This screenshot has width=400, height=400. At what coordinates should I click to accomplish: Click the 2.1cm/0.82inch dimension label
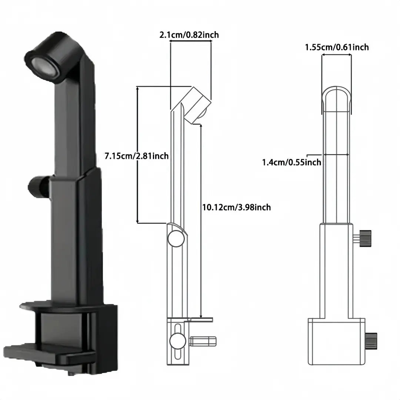pyautogui.click(x=189, y=35)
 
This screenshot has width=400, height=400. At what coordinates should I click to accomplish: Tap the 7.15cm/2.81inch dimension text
pyautogui.click(x=136, y=156)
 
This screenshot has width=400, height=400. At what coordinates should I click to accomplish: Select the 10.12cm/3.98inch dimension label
pyautogui.click(x=236, y=207)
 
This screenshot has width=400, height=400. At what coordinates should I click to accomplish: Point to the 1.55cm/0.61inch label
pyautogui.click(x=337, y=47)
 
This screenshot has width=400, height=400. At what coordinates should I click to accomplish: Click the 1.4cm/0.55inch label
pyautogui.click(x=291, y=162)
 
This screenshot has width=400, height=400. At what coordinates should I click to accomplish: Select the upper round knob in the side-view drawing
pyautogui.click(x=176, y=239)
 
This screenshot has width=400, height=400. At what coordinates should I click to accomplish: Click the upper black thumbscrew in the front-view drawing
pyautogui.click(x=365, y=238)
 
